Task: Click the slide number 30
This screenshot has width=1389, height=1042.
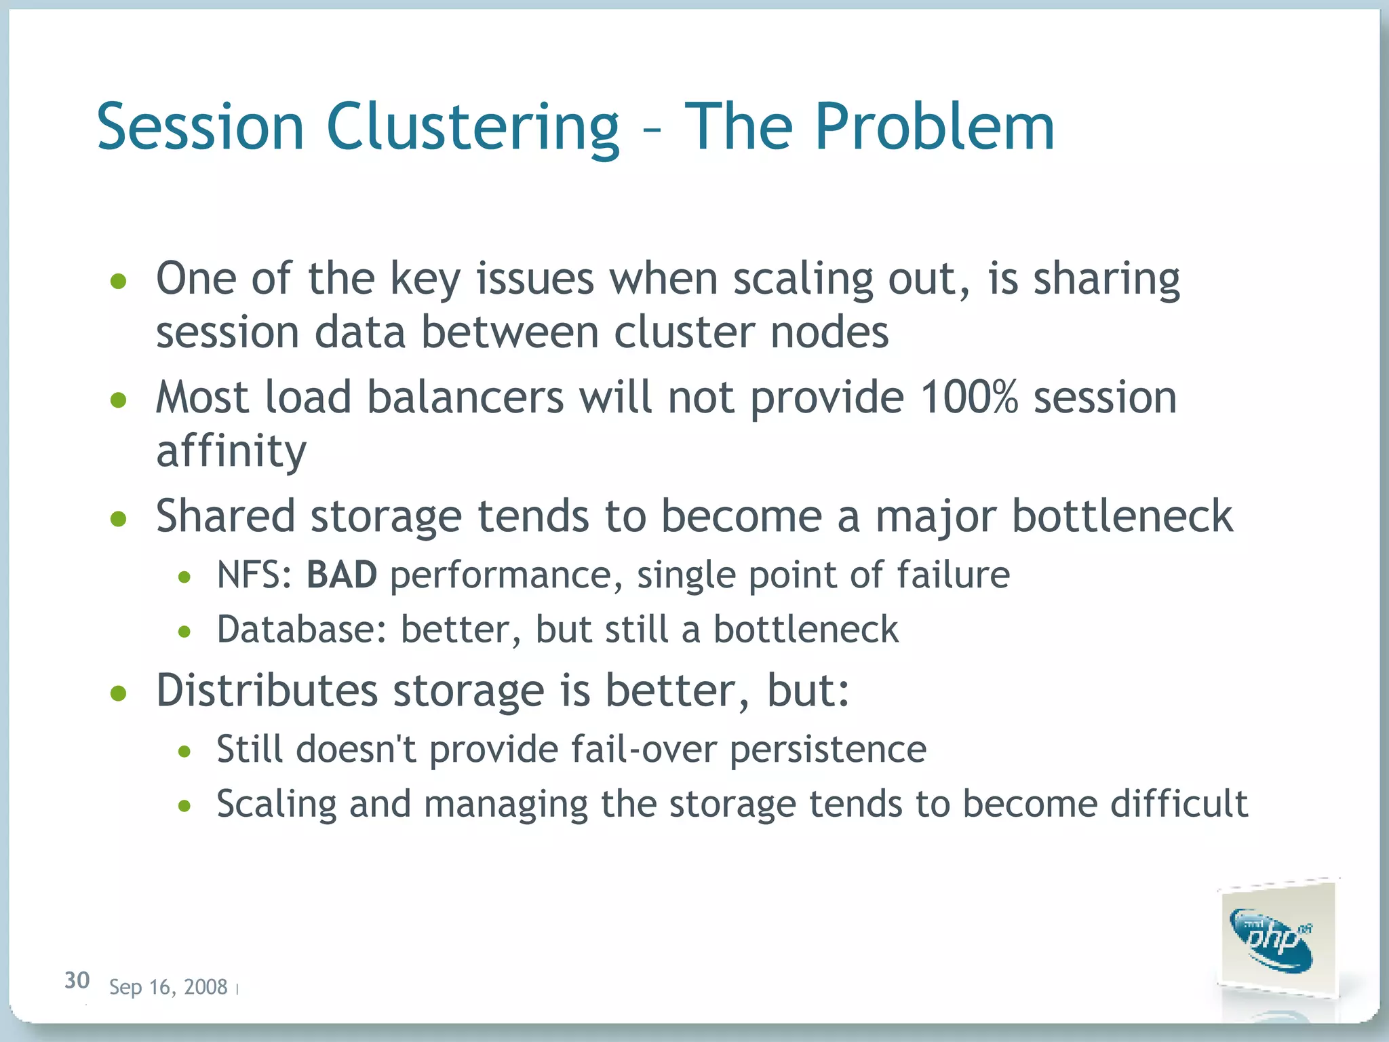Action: click(77, 980)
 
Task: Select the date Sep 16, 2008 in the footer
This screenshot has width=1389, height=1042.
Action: click(168, 987)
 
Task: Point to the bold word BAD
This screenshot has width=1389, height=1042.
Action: click(341, 575)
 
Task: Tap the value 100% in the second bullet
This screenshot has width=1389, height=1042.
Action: click(969, 398)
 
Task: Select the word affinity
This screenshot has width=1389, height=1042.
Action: click(231, 451)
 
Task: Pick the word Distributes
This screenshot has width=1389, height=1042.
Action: click(267, 691)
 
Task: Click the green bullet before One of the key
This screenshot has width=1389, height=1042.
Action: click(119, 281)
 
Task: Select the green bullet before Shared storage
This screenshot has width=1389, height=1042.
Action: click(119, 519)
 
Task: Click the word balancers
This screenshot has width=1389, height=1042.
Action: click(465, 398)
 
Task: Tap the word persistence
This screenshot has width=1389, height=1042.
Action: click(828, 750)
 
